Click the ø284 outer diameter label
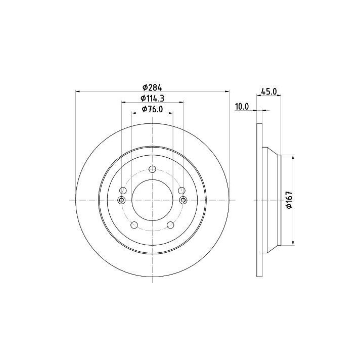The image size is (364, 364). (x=152, y=88)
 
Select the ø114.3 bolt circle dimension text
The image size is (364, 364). (x=152, y=99)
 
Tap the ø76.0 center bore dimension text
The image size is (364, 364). (x=152, y=109)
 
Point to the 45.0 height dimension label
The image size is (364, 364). (x=269, y=92)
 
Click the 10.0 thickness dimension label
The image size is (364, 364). (x=242, y=107)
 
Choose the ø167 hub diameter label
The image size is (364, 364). (x=289, y=200)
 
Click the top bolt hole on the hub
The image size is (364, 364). (x=152, y=169)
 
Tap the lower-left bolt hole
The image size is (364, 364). (x=134, y=225)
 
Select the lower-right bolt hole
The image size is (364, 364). (x=170, y=225)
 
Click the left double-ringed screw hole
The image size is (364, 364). (x=121, y=200)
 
